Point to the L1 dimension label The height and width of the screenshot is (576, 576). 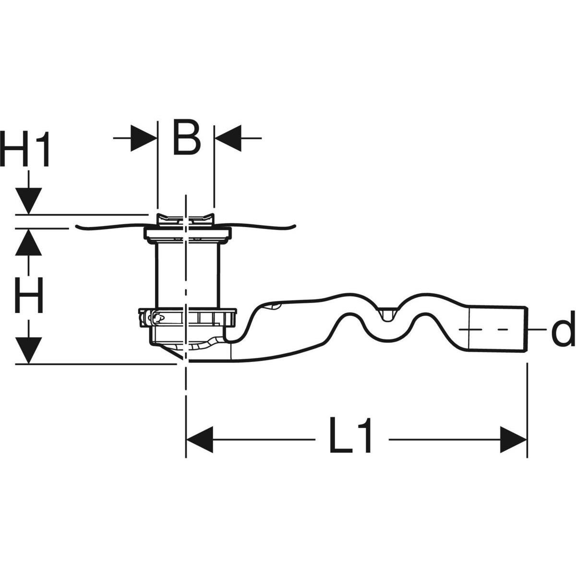(x=351, y=437)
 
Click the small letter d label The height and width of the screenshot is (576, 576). (x=562, y=330)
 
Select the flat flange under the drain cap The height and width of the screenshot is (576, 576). (x=186, y=234)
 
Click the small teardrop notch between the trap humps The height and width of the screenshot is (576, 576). (x=387, y=314)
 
